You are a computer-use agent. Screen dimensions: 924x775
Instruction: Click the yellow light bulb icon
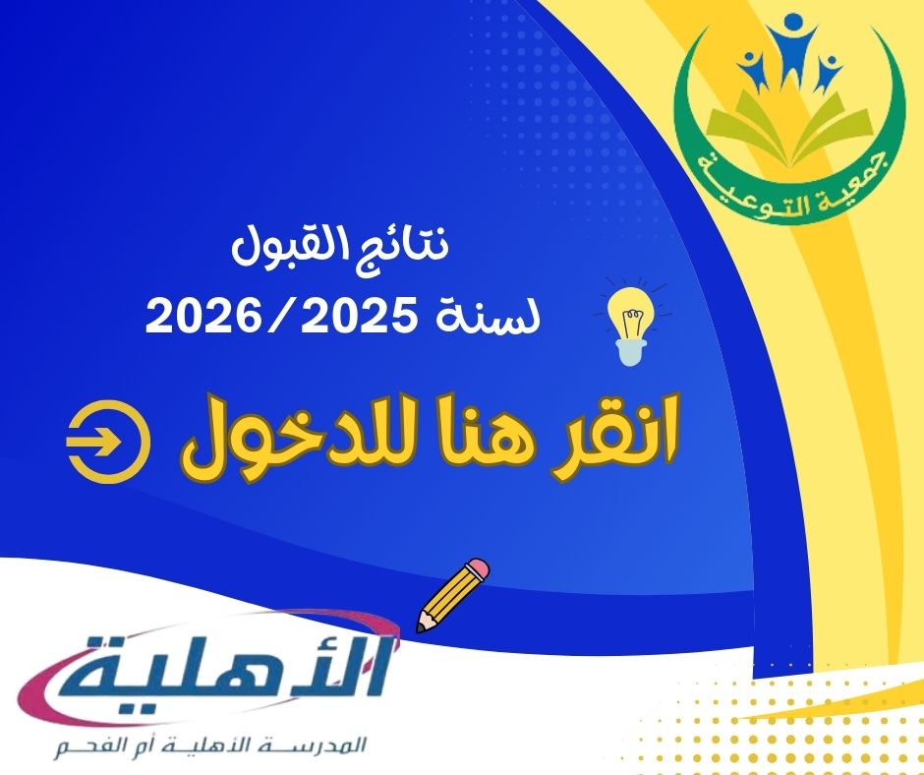[630, 326]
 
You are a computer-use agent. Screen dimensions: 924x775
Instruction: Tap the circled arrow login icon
[108, 442]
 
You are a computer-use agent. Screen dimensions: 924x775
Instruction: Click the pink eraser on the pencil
[478, 569]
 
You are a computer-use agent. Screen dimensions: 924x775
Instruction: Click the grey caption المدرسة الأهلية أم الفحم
[210, 746]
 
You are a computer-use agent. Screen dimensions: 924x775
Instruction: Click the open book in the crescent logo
[789, 126]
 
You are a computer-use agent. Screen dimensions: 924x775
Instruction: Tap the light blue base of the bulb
[630, 353]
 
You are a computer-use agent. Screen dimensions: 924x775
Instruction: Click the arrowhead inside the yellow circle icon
[110, 442]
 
